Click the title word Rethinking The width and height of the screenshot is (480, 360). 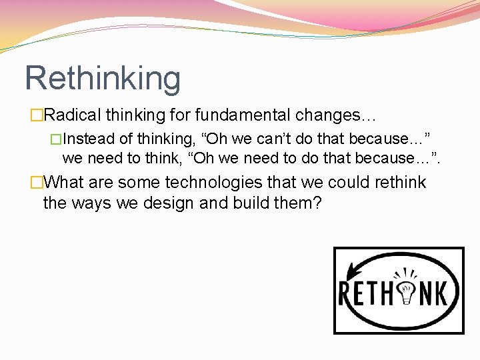tap(103, 79)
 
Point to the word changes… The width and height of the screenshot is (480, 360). tap(336, 115)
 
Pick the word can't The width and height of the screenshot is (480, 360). tap(268, 139)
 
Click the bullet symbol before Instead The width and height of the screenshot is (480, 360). tap(57, 139)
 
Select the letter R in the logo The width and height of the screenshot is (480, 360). tap(347, 294)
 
